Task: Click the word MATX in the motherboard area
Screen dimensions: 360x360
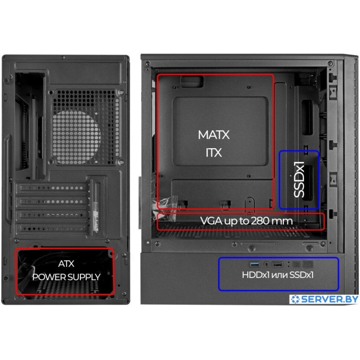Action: coord(214,135)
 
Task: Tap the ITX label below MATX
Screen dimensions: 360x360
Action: coord(214,153)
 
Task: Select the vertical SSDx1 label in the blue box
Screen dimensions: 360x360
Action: coord(299,179)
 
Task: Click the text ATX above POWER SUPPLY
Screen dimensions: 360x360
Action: coord(66,264)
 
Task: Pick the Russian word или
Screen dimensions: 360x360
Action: coord(279,275)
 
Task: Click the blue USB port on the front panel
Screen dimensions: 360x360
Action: coord(255,264)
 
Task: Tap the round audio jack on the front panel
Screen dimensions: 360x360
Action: coord(266,264)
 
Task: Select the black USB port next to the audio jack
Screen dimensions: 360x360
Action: coord(277,264)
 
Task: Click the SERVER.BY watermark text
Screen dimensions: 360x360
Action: coord(330,299)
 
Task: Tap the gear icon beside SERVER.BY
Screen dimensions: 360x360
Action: coord(295,299)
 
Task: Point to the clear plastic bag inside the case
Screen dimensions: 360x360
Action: coord(167,204)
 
